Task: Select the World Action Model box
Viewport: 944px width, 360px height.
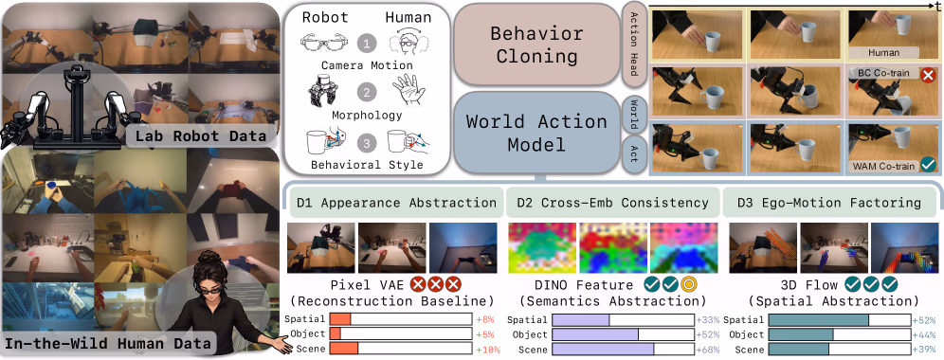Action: tap(536, 133)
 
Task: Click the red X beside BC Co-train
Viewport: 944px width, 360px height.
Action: tap(929, 75)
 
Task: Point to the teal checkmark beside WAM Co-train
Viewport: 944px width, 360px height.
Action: tap(929, 165)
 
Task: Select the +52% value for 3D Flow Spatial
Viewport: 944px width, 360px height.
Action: tap(923, 320)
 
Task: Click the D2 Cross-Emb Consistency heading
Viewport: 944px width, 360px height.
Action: tap(612, 203)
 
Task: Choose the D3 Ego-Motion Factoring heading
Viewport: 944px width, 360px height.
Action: tap(829, 203)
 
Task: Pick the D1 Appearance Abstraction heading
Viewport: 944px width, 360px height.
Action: tap(396, 203)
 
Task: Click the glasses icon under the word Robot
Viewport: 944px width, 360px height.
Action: tap(325, 44)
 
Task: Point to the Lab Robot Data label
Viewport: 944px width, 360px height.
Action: tap(201, 136)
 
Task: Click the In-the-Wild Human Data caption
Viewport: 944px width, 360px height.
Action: tap(108, 344)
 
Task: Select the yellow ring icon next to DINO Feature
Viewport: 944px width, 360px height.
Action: tap(688, 284)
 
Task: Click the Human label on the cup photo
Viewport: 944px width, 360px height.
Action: tap(883, 52)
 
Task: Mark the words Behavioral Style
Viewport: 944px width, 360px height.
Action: tap(367, 164)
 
